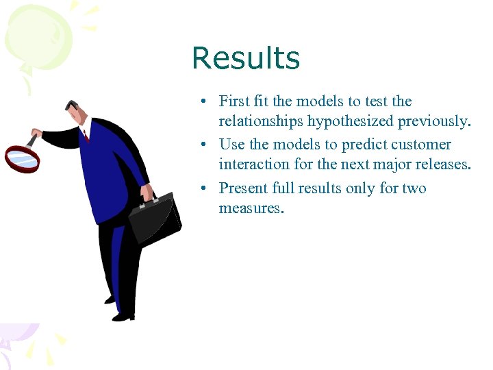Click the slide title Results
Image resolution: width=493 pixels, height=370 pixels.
(246, 58)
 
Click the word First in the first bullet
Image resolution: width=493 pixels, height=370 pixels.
(233, 101)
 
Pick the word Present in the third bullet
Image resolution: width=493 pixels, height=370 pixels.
(243, 188)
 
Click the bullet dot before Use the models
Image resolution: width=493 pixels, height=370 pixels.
(205, 145)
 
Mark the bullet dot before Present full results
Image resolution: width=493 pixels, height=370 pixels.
(205, 188)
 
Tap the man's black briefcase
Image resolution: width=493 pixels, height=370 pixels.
(156, 219)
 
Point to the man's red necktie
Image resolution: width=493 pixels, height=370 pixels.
(86, 136)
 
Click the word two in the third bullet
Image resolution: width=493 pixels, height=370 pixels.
(414, 188)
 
